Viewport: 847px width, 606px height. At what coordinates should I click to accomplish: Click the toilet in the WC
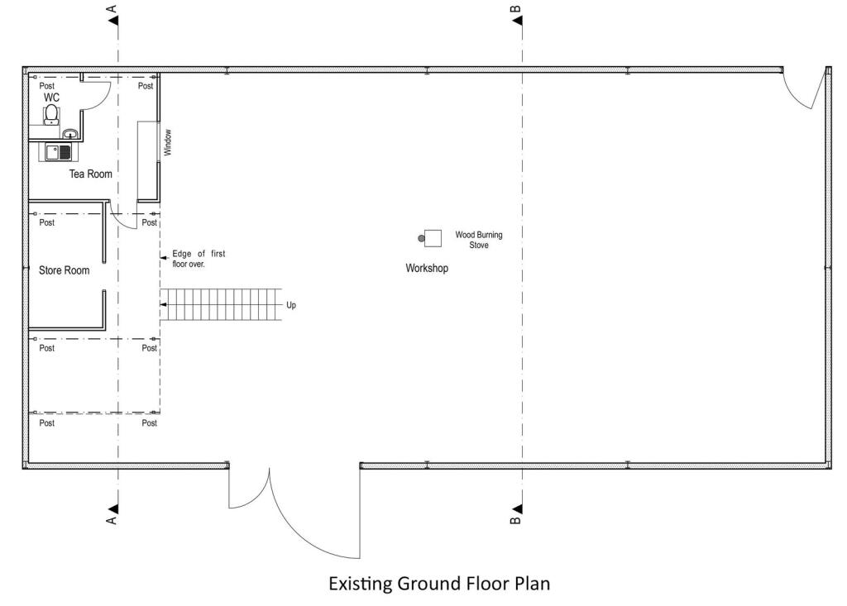pyautogui.click(x=51, y=115)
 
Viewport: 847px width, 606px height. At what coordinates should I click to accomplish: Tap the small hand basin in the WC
pyautogui.click(x=70, y=133)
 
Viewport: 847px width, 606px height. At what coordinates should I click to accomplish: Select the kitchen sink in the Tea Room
pyautogui.click(x=58, y=152)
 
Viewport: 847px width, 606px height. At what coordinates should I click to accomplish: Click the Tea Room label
pyautogui.click(x=91, y=174)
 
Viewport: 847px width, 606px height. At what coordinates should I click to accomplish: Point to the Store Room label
pyautogui.click(x=65, y=270)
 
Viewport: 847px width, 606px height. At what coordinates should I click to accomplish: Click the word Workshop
pyautogui.click(x=427, y=268)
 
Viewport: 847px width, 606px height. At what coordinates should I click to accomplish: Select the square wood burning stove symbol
pyautogui.click(x=433, y=238)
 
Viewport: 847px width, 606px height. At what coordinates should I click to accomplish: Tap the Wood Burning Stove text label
pyautogui.click(x=479, y=240)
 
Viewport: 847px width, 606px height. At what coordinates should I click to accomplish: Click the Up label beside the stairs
pyautogui.click(x=291, y=305)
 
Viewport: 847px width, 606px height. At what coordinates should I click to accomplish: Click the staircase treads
pyautogui.click(x=222, y=304)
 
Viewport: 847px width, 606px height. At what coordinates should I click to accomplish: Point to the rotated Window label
pyautogui.click(x=167, y=142)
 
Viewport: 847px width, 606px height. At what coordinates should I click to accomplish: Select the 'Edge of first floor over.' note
pyautogui.click(x=199, y=259)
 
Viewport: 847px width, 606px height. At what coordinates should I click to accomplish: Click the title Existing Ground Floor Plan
pyautogui.click(x=439, y=584)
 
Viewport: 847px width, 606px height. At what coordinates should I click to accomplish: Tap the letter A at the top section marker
pyautogui.click(x=112, y=9)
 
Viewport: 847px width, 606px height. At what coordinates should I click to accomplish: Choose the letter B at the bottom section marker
pyautogui.click(x=515, y=520)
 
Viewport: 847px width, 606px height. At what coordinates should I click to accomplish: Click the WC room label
pyautogui.click(x=51, y=98)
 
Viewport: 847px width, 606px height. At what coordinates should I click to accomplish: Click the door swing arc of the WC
pyautogui.click(x=103, y=102)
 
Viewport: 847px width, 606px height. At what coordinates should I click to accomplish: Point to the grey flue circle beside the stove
pyautogui.click(x=421, y=238)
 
